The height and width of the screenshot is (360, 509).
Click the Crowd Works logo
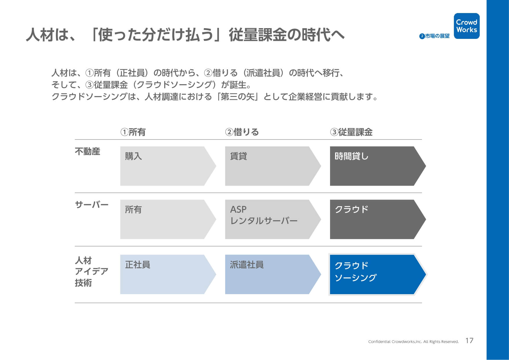[466, 26]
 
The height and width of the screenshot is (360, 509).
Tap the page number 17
[469, 341]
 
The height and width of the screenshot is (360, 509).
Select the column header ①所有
[133, 132]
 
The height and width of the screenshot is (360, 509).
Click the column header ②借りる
[242, 132]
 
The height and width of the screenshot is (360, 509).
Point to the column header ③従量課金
[351, 132]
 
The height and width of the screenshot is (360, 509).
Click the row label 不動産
[87, 151]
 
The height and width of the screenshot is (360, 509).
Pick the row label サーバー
[92, 205]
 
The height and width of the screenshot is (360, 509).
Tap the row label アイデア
[92, 271]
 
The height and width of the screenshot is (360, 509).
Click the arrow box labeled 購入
[168, 166]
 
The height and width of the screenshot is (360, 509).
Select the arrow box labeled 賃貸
[273, 166]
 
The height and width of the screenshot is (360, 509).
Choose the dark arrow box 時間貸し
[378, 166]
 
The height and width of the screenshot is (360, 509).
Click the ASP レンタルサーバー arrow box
[273, 219]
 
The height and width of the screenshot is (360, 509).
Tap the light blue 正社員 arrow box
[168, 274]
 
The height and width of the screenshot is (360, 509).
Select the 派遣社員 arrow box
[273, 274]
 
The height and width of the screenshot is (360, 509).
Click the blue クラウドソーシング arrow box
[378, 274]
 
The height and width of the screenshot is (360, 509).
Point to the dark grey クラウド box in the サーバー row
[378, 219]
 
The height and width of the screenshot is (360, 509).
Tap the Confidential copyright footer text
[413, 341]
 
